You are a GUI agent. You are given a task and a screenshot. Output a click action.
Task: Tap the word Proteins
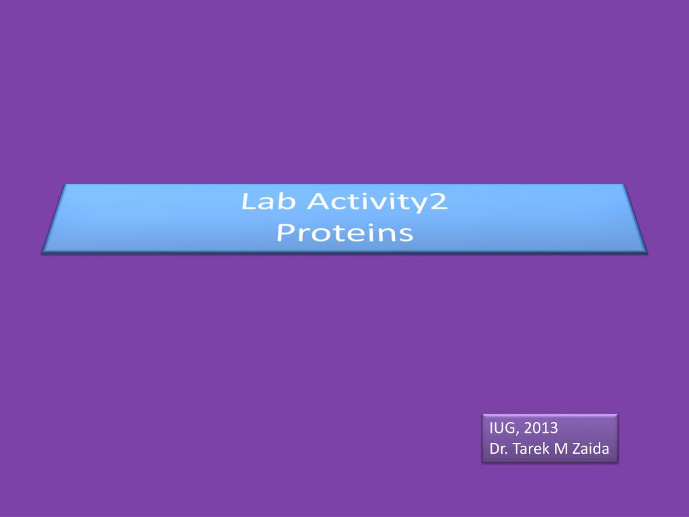344,233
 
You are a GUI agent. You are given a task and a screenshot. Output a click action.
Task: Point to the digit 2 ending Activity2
439,202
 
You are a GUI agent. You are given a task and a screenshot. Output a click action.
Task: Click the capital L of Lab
248,202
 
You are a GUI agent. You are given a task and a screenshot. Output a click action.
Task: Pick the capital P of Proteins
286,233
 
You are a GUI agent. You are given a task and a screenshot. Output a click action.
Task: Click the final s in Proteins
405,234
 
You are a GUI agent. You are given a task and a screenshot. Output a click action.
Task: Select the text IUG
501,428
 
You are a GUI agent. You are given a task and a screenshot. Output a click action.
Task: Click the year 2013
540,428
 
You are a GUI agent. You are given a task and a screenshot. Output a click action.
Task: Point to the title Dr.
499,449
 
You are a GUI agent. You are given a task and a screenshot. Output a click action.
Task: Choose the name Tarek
531,449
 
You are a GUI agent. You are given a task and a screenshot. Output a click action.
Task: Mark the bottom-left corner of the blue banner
42,252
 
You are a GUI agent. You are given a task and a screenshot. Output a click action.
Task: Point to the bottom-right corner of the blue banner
647,252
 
